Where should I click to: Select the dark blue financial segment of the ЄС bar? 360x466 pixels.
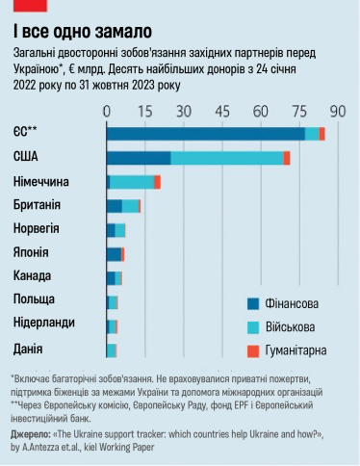[x=205, y=134]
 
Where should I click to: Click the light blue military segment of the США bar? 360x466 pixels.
[x=226, y=158]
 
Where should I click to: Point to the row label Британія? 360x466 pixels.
[x=38, y=205]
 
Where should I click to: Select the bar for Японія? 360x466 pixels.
[x=116, y=253]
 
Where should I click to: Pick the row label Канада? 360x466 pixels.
[x=33, y=277]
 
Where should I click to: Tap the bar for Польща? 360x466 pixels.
[x=112, y=301]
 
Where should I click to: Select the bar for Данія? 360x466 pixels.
[x=112, y=349]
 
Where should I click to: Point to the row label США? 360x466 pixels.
[x=26, y=157]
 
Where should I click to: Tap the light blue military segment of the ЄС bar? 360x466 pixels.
[x=312, y=134]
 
